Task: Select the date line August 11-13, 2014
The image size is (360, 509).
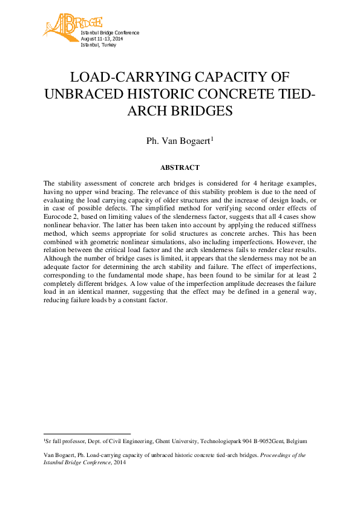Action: (x=102, y=39)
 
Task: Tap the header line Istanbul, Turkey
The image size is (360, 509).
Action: (x=98, y=45)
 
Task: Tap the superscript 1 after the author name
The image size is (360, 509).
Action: (x=212, y=139)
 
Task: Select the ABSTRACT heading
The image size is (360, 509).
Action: (x=180, y=167)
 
